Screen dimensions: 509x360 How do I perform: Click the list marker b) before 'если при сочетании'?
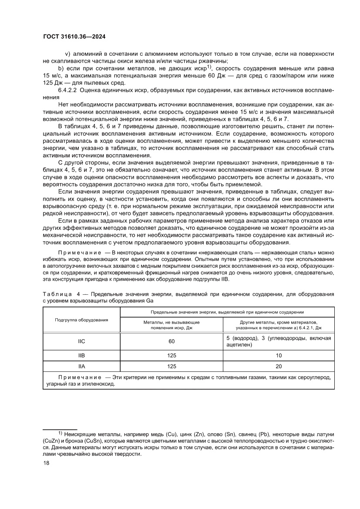pyautogui.click(x=61, y=68)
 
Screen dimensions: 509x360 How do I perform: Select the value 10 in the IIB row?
pyautogui.click(x=279, y=355)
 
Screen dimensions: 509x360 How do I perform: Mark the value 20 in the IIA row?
pyautogui.click(x=279, y=366)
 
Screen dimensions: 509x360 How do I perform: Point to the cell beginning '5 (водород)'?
pyautogui.click(x=279, y=341)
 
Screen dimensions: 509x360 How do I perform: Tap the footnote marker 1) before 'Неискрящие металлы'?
pyautogui.click(x=61, y=434)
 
